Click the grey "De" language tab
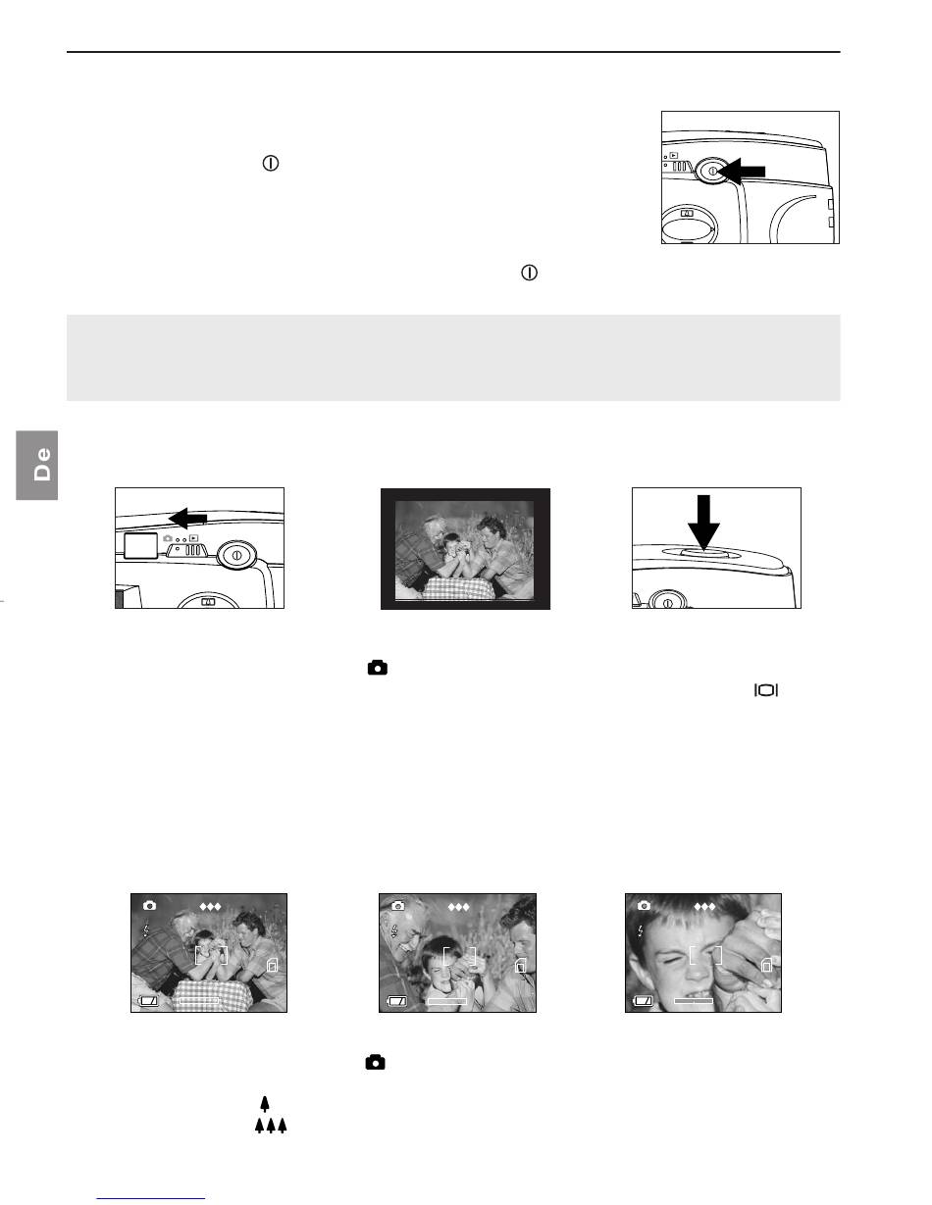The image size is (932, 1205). tap(36, 465)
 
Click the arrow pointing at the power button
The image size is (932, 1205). tap(743, 172)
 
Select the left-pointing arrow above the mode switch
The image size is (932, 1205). tap(187, 519)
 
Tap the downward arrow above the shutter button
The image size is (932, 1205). tap(703, 523)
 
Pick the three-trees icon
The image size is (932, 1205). tap(271, 1126)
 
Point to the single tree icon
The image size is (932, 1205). tap(265, 1103)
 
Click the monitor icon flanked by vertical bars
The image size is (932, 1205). tap(766, 690)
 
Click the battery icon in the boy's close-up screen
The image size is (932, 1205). tap(643, 1001)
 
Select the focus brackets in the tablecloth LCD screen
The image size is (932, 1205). tap(211, 955)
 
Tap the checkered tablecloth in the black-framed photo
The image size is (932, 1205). tap(456, 586)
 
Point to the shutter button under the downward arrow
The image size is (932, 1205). tap(703, 553)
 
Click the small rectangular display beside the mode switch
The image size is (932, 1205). tap(140, 545)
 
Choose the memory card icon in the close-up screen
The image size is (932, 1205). tap(766, 965)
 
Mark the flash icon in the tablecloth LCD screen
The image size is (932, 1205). tap(146, 929)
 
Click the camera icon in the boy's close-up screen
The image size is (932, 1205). tap(644, 906)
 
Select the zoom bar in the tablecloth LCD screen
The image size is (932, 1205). tap(199, 1000)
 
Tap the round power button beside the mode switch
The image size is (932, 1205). tap(236, 554)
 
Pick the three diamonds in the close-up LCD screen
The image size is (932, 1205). tap(704, 907)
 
